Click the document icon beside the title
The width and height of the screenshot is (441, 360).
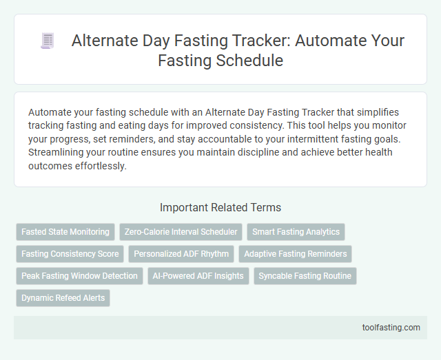click(x=48, y=42)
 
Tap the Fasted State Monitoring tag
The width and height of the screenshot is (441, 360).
click(x=65, y=232)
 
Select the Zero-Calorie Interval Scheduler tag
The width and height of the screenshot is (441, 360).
click(x=181, y=232)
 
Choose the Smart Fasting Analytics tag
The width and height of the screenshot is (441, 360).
click(x=296, y=232)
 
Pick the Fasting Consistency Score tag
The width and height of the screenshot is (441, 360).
click(x=70, y=254)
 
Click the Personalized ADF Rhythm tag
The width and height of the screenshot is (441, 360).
click(x=181, y=254)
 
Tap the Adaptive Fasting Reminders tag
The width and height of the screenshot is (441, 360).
click(x=296, y=254)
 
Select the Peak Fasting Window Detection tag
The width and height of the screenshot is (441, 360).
click(x=80, y=276)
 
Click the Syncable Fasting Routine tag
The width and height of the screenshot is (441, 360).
click(x=305, y=276)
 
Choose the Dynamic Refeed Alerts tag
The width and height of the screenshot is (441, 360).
click(x=63, y=298)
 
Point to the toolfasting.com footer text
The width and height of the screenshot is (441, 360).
click(x=391, y=328)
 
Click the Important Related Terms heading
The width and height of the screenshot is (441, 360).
click(x=220, y=207)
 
